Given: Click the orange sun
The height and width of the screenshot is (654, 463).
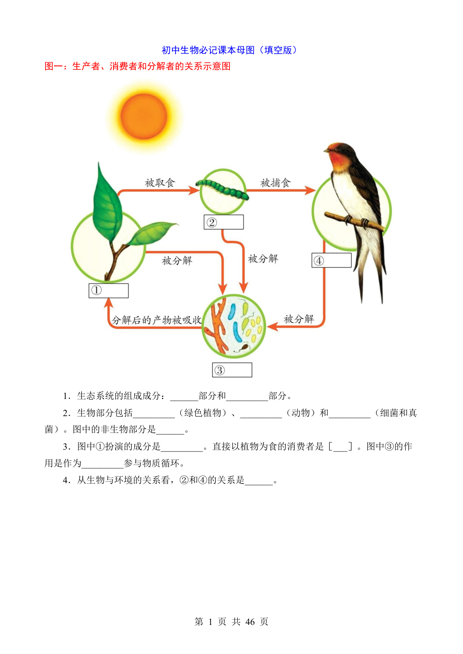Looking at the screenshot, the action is [144, 116].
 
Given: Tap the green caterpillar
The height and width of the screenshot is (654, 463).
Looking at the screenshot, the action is [222, 189].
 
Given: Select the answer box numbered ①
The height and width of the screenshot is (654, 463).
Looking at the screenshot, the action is [109, 290].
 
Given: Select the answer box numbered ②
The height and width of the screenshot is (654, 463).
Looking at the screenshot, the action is [224, 222].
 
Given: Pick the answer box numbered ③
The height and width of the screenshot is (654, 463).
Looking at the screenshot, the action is [232, 370].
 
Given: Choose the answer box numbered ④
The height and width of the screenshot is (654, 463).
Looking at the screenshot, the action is [332, 260].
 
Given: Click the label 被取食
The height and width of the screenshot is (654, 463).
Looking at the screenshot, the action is [160, 183].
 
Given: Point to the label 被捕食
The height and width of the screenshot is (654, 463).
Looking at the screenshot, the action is [275, 183].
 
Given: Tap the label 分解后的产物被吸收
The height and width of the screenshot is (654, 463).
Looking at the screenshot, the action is [157, 320].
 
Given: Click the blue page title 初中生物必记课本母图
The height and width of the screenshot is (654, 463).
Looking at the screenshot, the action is [208, 50].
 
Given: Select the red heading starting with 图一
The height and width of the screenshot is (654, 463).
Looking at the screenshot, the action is [138, 66].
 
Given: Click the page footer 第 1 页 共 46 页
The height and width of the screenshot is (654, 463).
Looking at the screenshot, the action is [231, 622].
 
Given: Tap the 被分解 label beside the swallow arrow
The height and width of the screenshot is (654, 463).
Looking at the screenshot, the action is [299, 319].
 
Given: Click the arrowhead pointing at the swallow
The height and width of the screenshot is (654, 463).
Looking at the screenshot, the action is [310, 191].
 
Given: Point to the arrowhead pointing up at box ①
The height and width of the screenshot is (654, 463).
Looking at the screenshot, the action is [109, 303].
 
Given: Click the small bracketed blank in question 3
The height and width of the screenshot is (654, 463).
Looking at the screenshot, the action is [340, 447].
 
